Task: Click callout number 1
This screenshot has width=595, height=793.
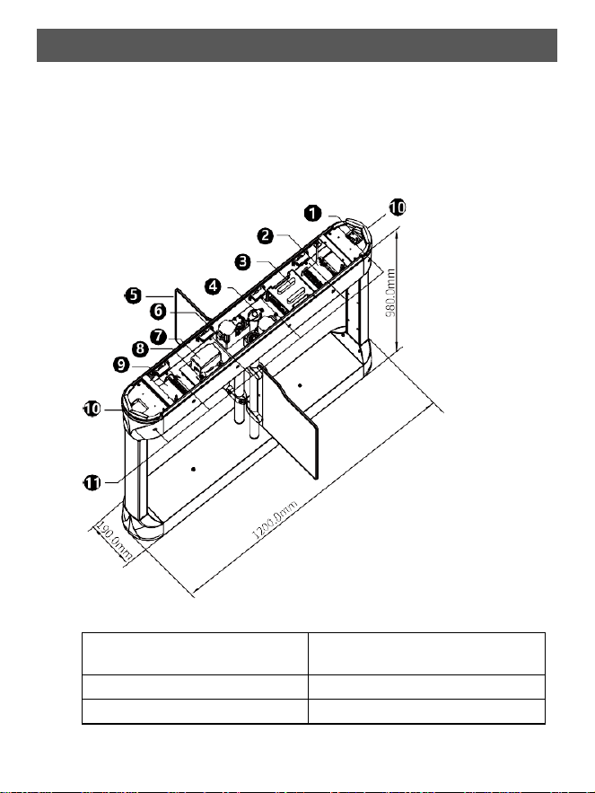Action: (x=313, y=213)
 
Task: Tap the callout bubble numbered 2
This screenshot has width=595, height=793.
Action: (x=266, y=235)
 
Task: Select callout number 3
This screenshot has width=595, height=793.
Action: (x=244, y=261)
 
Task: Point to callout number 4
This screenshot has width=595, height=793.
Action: (x=214, y=286)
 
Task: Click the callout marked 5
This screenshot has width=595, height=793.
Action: (x=134, y=295)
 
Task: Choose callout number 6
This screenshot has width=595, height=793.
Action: (x=159, y=311)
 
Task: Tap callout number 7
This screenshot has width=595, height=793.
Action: (x=159, y=336)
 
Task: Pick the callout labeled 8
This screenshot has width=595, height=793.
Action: (x=140, y=348)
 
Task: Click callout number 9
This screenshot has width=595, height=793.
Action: (x=121, y=365)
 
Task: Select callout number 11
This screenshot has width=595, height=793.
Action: (x=92, y=483)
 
